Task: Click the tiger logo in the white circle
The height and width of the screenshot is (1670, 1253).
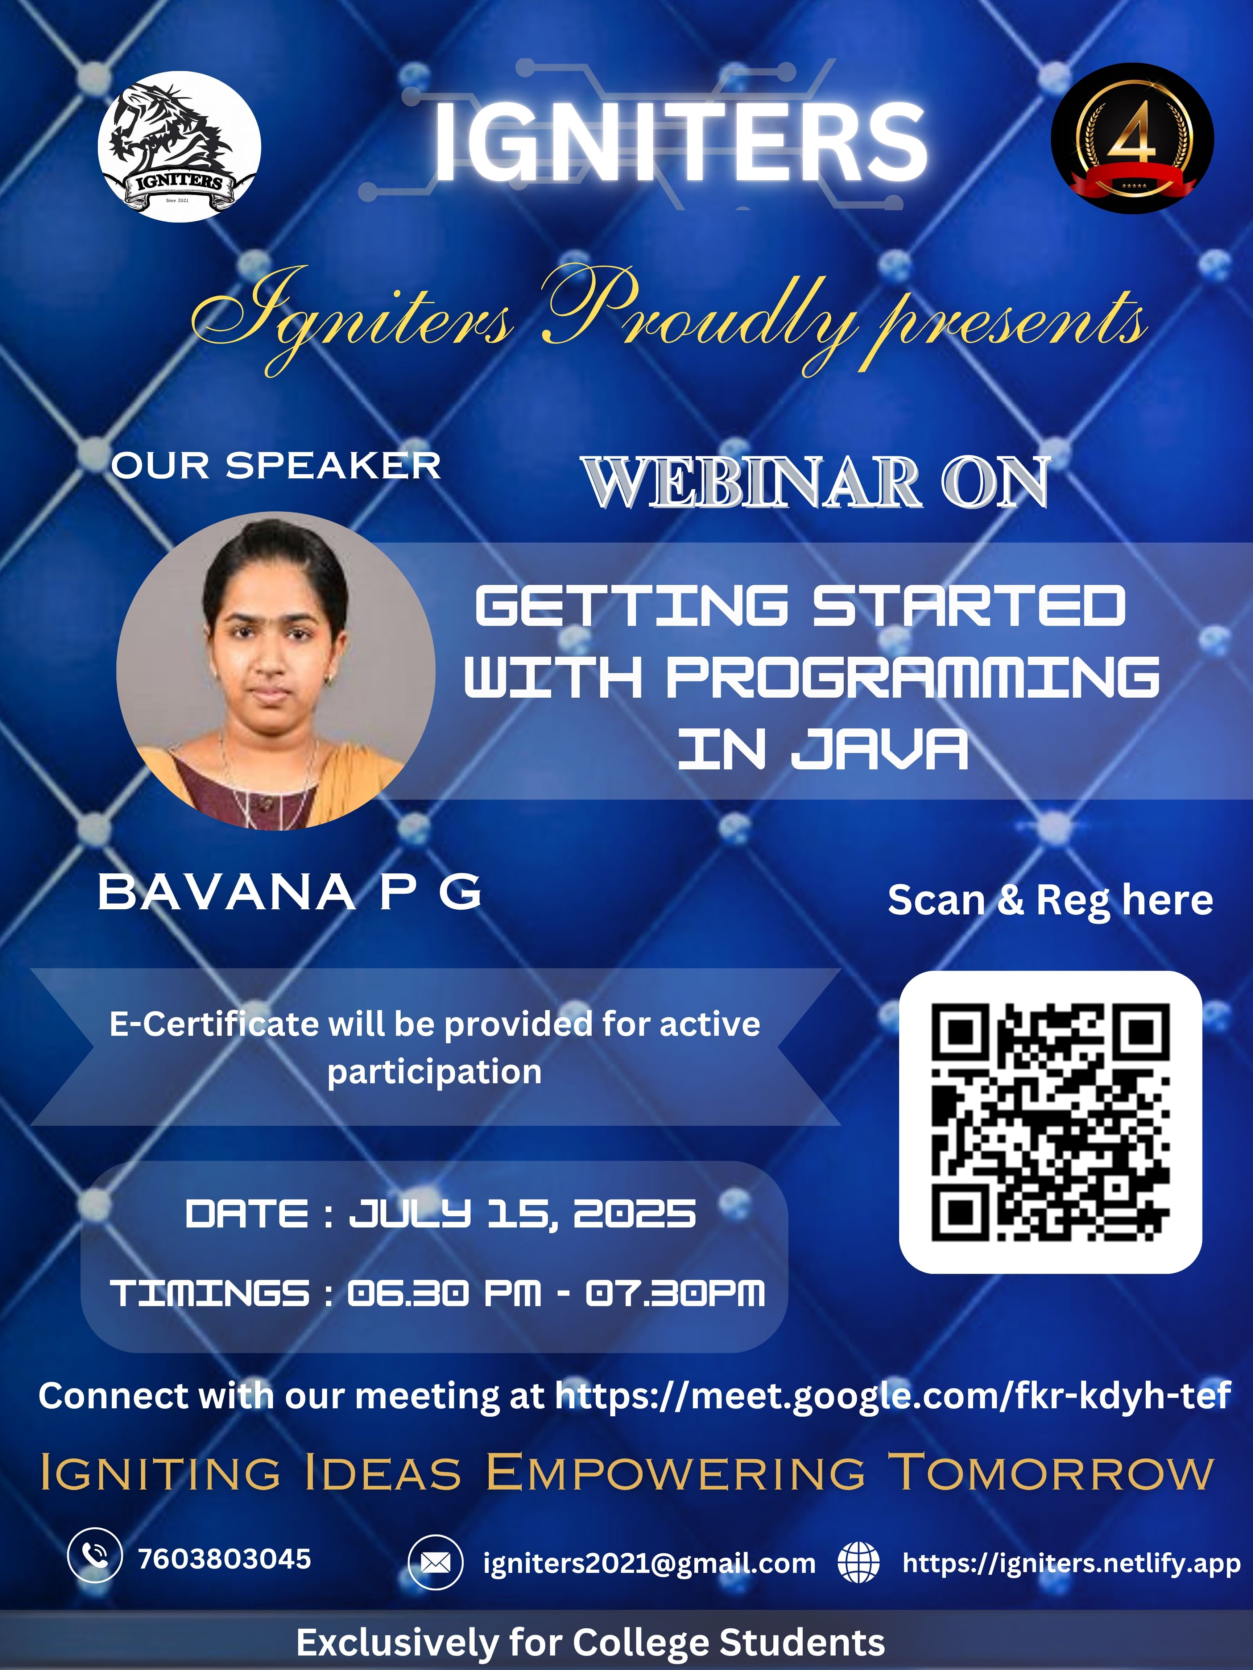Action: click(x=179, y=146)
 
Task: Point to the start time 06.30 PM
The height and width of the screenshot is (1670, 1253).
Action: click(x=444, y=1293)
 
